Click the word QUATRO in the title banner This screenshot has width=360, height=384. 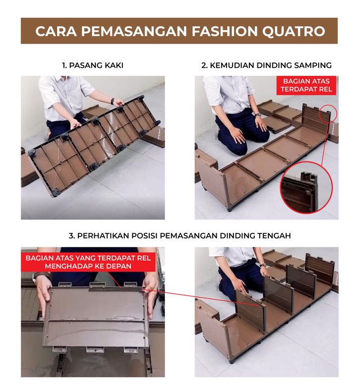click(x=294, y=31)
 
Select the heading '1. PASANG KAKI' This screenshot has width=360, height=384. click(x=93, y=65)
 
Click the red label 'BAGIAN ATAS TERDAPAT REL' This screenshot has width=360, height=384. click(x=306, y=85)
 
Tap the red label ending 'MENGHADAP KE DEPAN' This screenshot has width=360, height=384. click(x=88, y=262)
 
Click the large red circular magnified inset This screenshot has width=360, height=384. click(x=306, y=187)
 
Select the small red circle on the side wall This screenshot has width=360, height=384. click(x=328, y=113)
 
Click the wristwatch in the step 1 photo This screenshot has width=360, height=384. click(x=113, y=101)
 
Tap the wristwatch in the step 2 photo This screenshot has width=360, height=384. click(x=257, y=114)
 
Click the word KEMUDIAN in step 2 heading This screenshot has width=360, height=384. click(x=232, y=65)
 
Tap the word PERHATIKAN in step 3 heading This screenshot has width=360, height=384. click(x=103, y=235)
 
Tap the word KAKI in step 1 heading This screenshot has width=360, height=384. click(x=114, y=65)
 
